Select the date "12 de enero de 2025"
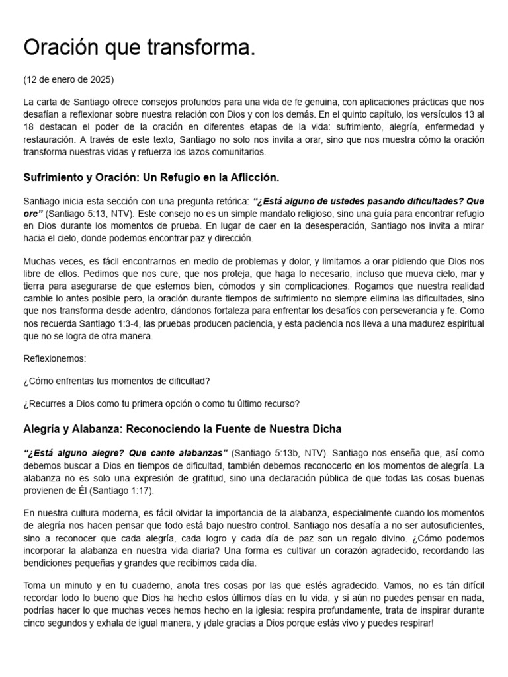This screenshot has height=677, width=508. (x=68, y=80)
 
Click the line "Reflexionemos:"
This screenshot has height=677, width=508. (x=55, y=358)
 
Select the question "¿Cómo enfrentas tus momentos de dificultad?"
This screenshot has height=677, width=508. (x=116, y=381)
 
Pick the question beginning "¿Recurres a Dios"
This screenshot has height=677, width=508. (x=161, y=404)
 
